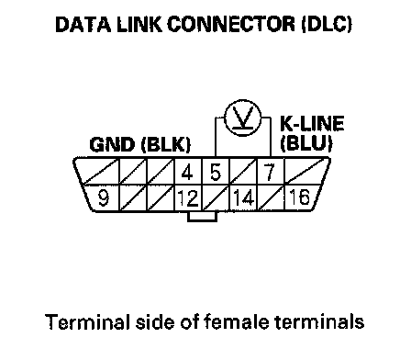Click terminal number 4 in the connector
coord(187,172)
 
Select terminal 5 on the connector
coord(216,172)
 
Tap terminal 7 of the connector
coord(269,172)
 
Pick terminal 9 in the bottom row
coord(104,197)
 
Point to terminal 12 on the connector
coord(188,198)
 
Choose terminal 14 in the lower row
coord(244,197)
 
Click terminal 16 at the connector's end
coord(299,197)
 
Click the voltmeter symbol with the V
coord(243,118)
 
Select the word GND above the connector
coord(112,144)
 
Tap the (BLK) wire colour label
coord(166,144)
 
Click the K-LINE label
coord(312,123)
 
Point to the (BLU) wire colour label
coord(306,142)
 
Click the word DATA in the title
coord(83,24)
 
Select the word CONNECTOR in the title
coord(231,24)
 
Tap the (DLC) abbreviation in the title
coord(327,24)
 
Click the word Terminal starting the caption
coord(86,321)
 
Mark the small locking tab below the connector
coord(203,216)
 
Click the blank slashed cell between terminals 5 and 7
coord(243,171)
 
